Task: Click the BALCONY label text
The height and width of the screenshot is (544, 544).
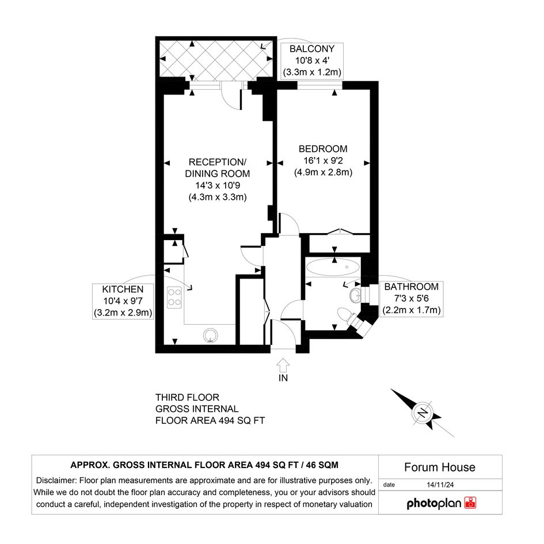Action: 312,49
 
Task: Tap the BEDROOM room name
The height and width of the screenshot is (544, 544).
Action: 323,149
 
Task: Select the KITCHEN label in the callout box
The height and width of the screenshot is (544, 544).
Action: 123,290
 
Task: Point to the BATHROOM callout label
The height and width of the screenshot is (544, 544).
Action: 412,287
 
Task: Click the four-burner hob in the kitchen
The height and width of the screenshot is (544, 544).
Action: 174,297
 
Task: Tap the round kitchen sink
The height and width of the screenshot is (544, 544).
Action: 210,336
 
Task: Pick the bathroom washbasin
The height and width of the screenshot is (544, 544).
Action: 356,295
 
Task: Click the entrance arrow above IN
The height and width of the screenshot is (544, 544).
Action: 283,365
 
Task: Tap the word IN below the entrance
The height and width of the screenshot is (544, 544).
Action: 283,378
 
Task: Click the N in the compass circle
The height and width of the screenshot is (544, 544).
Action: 423,413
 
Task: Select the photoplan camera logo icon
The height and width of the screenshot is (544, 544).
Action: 470,503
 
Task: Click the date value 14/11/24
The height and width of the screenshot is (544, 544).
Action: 440,485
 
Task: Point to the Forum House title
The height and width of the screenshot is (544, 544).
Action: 440,467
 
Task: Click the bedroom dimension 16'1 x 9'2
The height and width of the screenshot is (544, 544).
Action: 323,161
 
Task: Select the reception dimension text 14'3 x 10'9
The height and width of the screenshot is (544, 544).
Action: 218,185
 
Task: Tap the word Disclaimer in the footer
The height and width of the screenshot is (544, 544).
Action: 56,481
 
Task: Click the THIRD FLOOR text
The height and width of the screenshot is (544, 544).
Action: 187,397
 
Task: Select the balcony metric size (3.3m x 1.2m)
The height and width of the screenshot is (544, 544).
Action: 312,73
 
